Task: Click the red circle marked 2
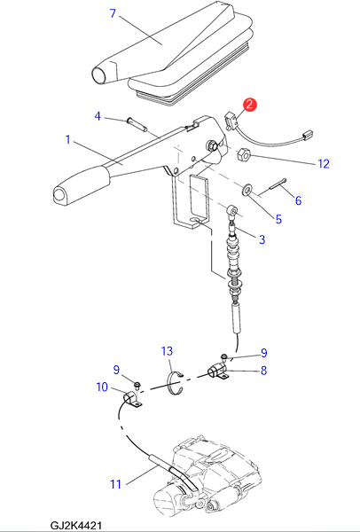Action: [x=249, y=105]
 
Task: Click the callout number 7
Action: [x=113, y=14]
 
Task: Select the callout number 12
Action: [x=324, y=164]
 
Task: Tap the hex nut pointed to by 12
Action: [x=244, y=155]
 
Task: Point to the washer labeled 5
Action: [x=247, y=190]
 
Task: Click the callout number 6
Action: [x=298, y=200]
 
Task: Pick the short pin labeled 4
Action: [x=137, y=124]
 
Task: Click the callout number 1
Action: [x=68, y=140]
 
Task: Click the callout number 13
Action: [x=167, y=351]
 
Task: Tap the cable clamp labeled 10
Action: [x=131, y=399]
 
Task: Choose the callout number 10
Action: [x=102, y=387]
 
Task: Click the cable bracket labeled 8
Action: [x=217, y=372]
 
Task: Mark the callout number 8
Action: [x=263, y=371]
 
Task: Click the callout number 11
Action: [x=115, y=484]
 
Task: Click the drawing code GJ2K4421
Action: [x=75, y=526]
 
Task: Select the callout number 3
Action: [x=262, y=239]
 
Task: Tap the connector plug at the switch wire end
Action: [x=307, y=134]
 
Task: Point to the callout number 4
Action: [x=98, y=116]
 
